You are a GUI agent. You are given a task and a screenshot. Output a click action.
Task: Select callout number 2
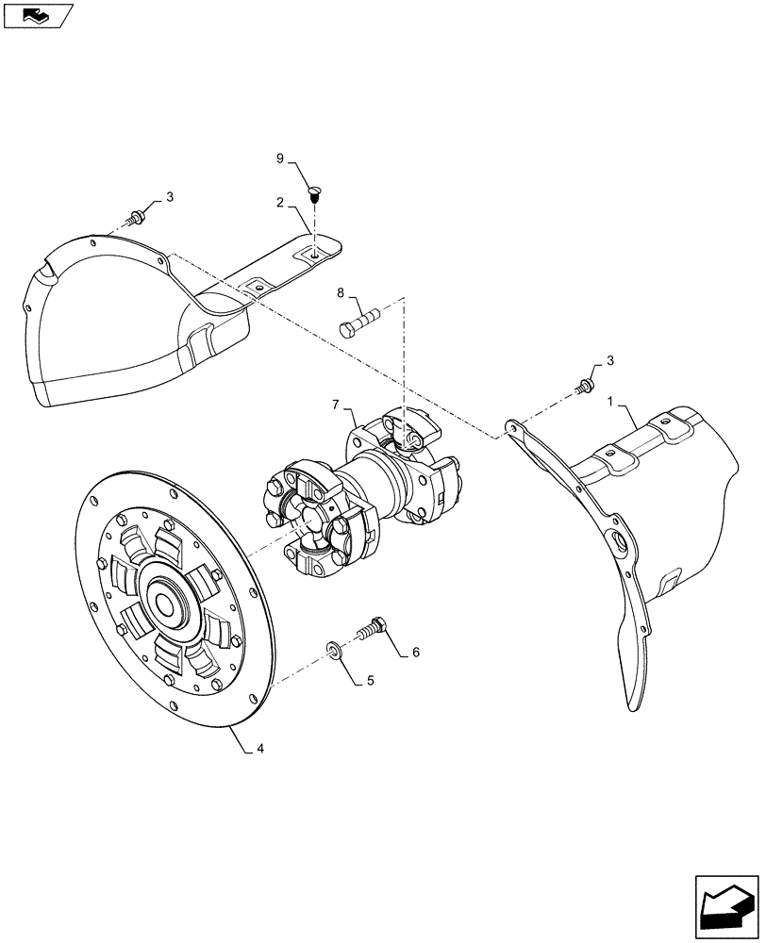[x=280, y=203]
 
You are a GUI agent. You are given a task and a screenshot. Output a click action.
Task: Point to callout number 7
[x=335, y=405]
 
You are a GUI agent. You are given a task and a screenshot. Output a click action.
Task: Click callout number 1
[x=610, y=401]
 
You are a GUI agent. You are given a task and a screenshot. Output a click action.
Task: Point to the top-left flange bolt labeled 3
[x=138, y=218]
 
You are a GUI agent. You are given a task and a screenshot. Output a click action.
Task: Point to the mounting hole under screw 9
[x=314, y=251]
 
